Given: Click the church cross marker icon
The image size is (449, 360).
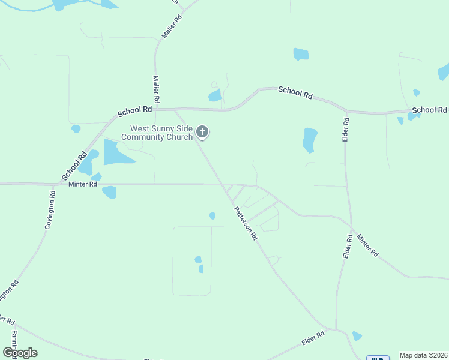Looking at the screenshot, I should tap(203, 132).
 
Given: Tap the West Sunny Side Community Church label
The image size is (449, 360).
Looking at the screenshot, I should tap(157, 133).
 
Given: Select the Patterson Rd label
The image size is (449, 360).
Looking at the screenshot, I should tap(246, 223).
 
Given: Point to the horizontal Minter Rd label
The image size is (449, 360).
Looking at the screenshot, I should tap(83, 184).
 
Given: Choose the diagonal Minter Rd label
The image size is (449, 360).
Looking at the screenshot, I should tap(367, 245).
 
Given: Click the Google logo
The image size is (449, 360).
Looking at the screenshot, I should tap(20, 353).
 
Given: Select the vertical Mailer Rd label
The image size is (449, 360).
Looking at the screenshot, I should tap(156, 89).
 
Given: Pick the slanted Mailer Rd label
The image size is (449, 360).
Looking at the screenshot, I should tap(171, 26).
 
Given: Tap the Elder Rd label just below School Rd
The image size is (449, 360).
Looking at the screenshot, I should tap(346, 130).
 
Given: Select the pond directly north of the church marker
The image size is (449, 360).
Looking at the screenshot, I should tap(214, 95).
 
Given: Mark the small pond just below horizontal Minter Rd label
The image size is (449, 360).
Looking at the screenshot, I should tap(109, 192).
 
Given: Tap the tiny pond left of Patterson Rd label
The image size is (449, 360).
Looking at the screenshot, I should tap(212, 215).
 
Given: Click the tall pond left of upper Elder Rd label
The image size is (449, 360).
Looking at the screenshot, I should tap(310, 140).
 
